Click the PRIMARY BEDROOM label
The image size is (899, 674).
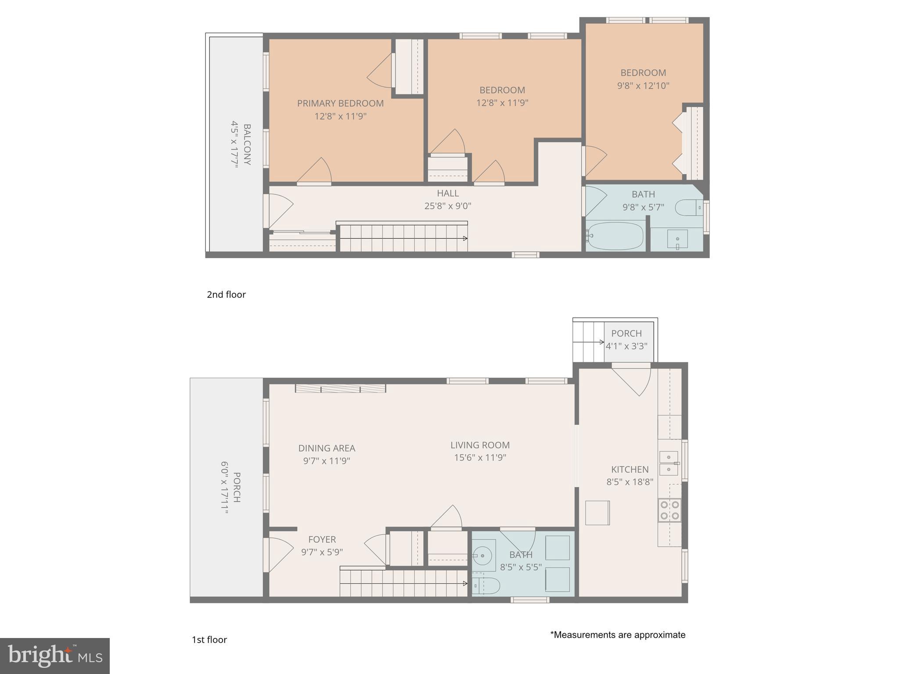tap(340, 104)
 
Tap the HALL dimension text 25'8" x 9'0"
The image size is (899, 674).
tap(448, 206)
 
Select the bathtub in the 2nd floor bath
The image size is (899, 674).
tap(615, 236)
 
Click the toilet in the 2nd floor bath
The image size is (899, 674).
tap(688, 208)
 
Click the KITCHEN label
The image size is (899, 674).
tap(629, 470)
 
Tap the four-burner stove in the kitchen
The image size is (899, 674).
tap(669, 510)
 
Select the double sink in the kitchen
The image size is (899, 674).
tap(669, 463)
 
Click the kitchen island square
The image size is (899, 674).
tap(597, 513)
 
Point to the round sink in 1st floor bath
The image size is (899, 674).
tap(483, 556)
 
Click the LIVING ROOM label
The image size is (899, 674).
tap(480, 445)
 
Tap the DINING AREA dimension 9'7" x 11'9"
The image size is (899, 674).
tap(327, 461)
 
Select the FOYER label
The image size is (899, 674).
tap(322, 540)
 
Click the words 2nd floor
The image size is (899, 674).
tap(226, 294)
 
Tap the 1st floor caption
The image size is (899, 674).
tap(209, 640)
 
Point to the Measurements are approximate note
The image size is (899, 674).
tap(618, 635)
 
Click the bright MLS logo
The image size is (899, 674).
tap(55, 656)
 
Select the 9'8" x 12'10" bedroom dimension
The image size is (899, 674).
tap(643, 86)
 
